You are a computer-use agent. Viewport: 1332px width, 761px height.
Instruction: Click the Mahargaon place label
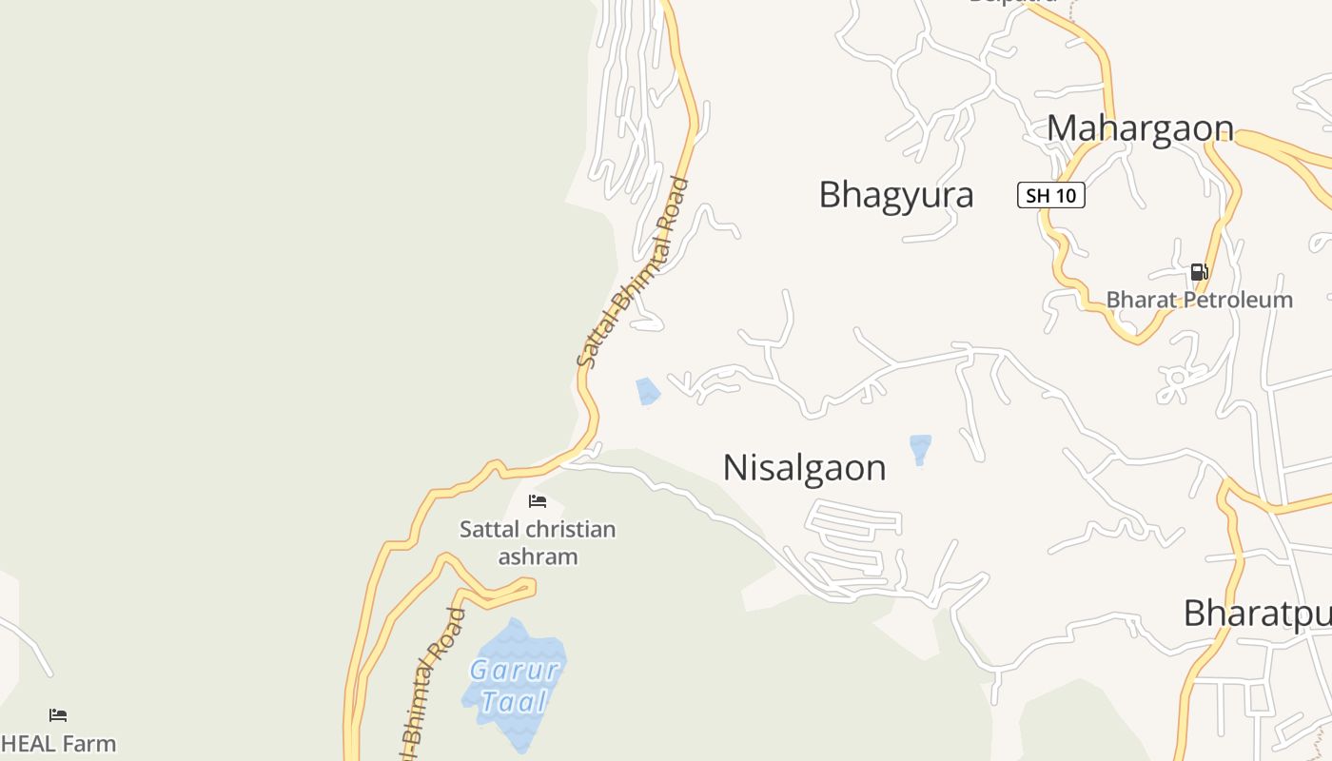click(1140, 128)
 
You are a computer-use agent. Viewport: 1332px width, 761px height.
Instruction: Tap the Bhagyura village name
click(895, 195)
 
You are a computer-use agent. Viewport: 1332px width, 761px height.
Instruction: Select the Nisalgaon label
click(804, 468)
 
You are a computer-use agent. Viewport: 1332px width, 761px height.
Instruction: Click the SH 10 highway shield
click(1050, 196)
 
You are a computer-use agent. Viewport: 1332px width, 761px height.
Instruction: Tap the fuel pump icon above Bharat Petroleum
click(1199, 272)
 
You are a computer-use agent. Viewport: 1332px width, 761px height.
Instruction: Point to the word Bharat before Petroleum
click(1138, 301)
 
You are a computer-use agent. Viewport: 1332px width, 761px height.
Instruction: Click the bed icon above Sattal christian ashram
click(538, 500)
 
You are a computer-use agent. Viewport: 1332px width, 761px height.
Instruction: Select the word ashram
click(538, 556)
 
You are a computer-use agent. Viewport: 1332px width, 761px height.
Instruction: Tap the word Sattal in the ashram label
click(489, 530)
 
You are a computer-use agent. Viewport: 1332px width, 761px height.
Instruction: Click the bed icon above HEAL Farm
click(58, 714)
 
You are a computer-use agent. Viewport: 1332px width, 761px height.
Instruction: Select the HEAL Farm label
click(59, 744)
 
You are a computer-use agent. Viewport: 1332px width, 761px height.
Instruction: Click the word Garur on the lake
click(514, 671)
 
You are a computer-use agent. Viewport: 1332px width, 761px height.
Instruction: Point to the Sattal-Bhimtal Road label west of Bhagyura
click(632, 273)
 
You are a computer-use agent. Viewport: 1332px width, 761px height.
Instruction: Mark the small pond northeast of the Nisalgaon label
click(920, 448)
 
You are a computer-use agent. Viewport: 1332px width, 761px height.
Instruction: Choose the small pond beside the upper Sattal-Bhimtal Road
click(648, 391)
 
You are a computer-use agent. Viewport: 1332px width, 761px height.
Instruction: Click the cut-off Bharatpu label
click(1256, 615)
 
